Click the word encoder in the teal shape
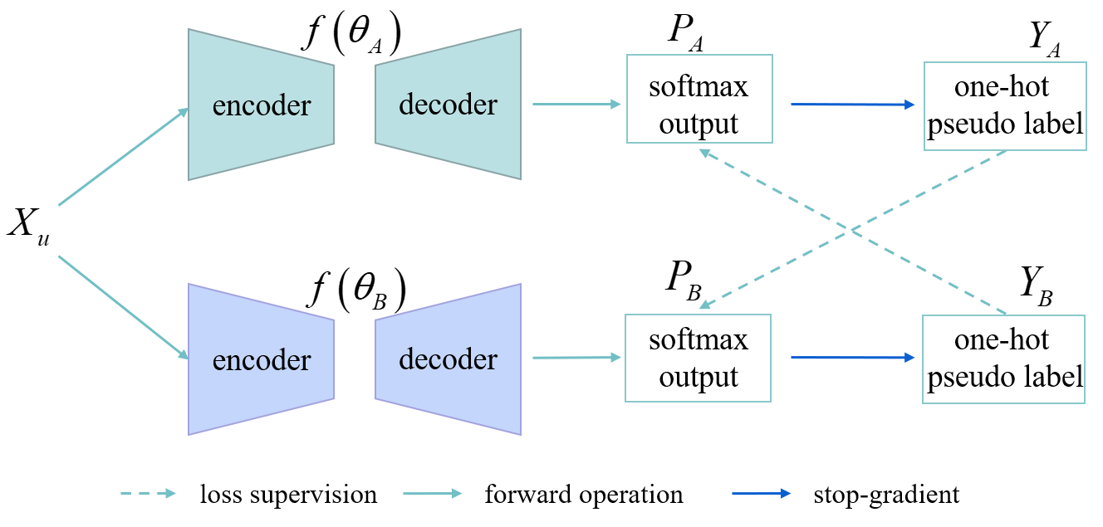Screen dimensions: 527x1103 [262, 106]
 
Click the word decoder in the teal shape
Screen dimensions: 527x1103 [448, 105]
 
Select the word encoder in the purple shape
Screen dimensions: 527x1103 [262, 360]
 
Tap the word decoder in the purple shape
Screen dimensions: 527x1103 [448, 359]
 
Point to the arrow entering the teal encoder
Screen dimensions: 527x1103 [123, 157]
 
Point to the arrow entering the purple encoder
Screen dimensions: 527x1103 [123, 307]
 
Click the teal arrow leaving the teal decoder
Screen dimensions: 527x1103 [576, 105]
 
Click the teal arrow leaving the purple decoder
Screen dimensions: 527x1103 [576, 358]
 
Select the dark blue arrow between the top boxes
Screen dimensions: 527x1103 [852, 105]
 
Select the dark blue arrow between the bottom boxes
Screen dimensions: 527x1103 [852, 358]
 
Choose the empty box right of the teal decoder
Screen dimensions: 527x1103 [699, 99]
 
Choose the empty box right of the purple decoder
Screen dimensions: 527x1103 [698, 358]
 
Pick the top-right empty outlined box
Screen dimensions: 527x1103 [1005, 106]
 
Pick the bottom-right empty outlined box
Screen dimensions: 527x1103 [1003, 359]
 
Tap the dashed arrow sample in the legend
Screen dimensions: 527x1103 [148, 494]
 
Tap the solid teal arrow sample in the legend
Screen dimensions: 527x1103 [432, 494]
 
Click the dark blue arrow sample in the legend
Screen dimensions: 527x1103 [761, 494]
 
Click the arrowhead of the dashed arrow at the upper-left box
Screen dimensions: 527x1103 [704, 152]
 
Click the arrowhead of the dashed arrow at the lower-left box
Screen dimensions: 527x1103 [704, 305]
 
